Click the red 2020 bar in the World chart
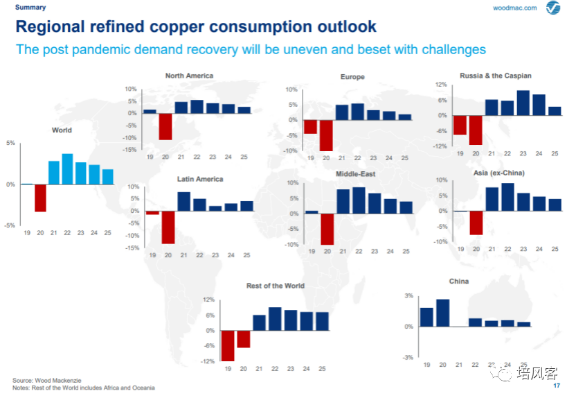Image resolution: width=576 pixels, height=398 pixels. [x=41, y=198]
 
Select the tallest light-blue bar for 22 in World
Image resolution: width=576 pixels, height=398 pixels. [x=67, y=168]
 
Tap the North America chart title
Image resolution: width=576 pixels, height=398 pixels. [x=189, y=76]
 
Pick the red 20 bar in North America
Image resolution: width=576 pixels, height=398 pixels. [x=165, y=126]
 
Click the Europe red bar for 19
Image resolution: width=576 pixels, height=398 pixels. [x=310, y=126]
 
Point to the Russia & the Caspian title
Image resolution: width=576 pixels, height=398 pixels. [x=495, y=76]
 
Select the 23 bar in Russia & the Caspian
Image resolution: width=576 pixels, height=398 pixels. [x=523, y=103]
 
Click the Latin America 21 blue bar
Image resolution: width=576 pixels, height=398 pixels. [x=183, y=201]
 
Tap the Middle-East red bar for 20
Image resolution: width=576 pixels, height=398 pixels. [x=327, y=228]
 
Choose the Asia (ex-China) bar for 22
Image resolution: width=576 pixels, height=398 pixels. [x=507, y=196]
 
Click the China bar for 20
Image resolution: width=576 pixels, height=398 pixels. [x=443, y=313]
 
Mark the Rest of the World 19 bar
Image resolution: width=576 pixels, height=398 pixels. [x=227, y=345]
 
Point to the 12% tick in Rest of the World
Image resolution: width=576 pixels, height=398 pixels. [x=209, y=300]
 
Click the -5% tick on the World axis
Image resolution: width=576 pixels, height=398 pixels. [x=10, y=225]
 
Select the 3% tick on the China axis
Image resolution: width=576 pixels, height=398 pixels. [x=408, y=296]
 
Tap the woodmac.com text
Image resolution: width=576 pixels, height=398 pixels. [x=515, y=8]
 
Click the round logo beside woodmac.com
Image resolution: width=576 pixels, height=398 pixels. [x=552, y=8]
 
